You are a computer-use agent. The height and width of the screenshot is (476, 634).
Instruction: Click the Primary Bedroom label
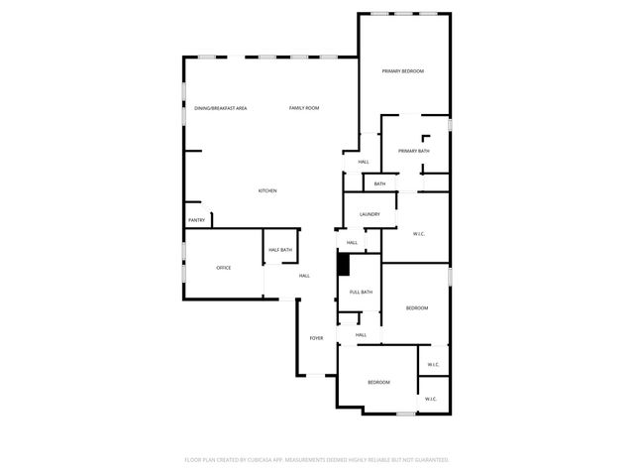click(x=403, y=71)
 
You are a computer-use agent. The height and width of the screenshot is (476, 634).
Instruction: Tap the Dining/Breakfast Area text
click(x=220, y=107)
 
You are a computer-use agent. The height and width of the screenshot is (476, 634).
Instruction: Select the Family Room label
click(x=304, y=107)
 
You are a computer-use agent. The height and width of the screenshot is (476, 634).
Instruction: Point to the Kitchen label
click(x=267, y=190)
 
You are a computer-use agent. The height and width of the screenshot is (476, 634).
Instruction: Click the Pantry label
click(x=196, y=220)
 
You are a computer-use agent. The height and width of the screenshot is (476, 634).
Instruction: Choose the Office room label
click(x=224, y=268)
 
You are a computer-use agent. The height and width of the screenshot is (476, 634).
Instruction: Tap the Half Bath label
click(x=280, y=250)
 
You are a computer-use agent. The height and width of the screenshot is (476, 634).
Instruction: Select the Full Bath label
click(x=360, y=292)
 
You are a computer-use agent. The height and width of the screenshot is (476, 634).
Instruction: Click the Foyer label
click(x=316, y=338)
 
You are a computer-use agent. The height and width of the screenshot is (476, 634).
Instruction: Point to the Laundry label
click(x=370, y=214)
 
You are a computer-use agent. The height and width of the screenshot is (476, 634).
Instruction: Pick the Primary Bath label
click(x=414, y=151)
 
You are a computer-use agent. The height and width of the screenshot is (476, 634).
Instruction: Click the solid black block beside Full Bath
click(x=344, y=265)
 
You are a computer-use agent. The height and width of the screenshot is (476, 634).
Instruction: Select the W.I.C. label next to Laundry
click(x=419, y=234)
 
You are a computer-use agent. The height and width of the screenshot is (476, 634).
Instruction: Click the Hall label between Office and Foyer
click(x=304, y=276)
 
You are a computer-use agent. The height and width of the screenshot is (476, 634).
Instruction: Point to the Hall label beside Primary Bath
click(x=364, y=162)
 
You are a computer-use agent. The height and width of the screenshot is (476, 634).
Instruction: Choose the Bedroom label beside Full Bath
click(x=417, y=308)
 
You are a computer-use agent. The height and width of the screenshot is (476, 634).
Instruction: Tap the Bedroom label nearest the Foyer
click(x=379, y=383)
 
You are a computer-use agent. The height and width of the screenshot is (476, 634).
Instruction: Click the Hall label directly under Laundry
click(x=352, y=242)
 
